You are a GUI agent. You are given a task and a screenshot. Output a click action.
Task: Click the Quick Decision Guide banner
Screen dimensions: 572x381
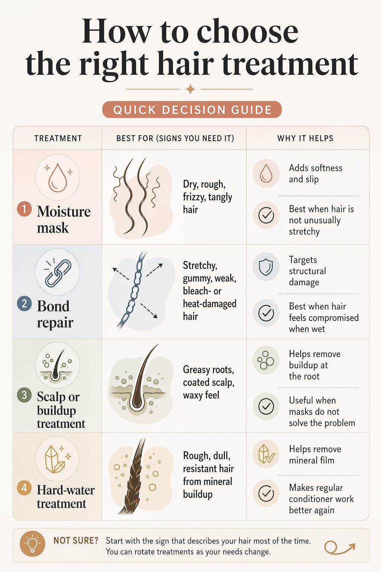pos(192,110)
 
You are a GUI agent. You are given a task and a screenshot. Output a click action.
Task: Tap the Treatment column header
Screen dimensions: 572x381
pos(58,139)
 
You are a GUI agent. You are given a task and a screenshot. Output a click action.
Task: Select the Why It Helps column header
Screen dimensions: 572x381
pos(305,139)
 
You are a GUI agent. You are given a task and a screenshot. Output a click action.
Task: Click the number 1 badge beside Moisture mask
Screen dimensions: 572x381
pos(24,209)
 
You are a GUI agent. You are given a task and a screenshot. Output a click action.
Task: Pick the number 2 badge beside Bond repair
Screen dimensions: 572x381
pos(24,304)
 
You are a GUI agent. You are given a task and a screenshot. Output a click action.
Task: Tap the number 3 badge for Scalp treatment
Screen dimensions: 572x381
pos(24,395)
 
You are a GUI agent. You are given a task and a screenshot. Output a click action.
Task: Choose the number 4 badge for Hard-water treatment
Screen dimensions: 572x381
pos(24,487)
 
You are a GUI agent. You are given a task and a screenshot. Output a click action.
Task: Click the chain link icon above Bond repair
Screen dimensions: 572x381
pos(58,273)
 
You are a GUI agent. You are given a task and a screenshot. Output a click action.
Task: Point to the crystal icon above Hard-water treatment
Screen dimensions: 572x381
pos(57,459)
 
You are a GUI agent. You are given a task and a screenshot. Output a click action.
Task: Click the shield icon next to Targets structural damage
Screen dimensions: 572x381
pos(266,267)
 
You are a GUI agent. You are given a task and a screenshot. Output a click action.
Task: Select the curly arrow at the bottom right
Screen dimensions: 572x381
pos(339,547)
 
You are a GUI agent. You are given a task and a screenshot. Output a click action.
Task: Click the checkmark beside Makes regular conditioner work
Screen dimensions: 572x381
pos(266,493)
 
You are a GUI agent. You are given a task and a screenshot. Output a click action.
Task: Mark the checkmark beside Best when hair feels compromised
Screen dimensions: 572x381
pos(266,313)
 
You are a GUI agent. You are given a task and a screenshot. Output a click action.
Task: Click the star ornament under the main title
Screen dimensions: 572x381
pos(190,89)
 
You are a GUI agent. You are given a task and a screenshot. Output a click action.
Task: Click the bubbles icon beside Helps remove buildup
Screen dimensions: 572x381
pos(266,360)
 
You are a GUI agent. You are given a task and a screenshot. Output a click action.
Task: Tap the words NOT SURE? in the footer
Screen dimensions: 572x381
pos(76,540)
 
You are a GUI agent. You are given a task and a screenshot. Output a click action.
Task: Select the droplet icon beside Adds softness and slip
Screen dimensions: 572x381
pos(266,173)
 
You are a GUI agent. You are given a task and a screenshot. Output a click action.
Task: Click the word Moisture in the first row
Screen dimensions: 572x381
pos(64,212)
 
